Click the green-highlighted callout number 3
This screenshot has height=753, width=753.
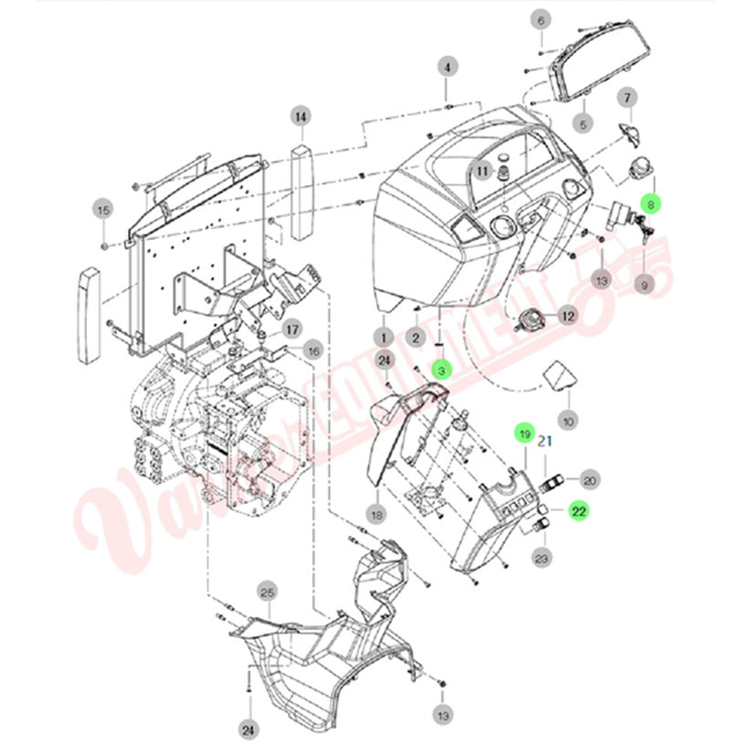click(441, 371)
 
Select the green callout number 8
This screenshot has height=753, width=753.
click(650, 205)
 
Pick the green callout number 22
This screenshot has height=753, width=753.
click(579, 512)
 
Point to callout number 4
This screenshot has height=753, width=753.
click(446, 67)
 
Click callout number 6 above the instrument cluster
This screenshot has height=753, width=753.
click(541, 20)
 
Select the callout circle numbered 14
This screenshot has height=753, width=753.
click(300, 116)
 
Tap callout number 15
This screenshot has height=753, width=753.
click(103, 211)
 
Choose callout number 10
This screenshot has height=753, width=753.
click(568, 423)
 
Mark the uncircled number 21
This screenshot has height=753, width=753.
click(546, 441)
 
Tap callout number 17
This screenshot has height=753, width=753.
click(292, 329)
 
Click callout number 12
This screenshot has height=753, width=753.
click(567, 316)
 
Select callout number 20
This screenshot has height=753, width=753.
click(590, 480)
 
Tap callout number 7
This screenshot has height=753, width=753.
click(627, 98)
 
